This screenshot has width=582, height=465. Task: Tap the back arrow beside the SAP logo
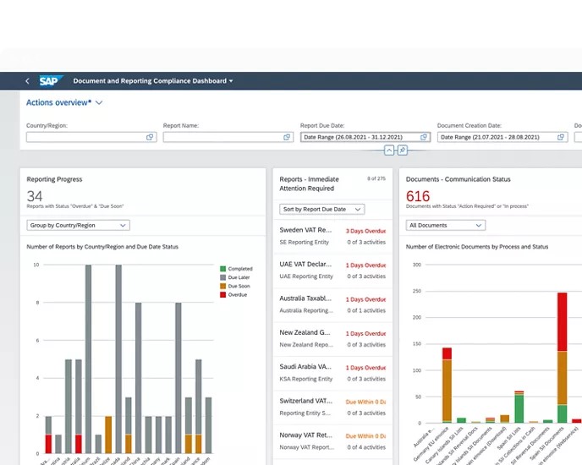tap(27, 81)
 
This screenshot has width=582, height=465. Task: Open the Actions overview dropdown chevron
tap(99, 102)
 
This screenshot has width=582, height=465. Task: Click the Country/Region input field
tap(91, 137)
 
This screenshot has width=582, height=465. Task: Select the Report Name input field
tap(228, 137)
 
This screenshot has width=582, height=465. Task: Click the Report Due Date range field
tap(365, 137)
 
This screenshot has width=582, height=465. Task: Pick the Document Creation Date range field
tap(502, 137)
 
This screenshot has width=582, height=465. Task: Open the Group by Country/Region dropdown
tap(78, 226)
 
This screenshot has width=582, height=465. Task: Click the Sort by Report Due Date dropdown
tap(321, 209)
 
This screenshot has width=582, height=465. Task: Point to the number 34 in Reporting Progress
tap(35, 196)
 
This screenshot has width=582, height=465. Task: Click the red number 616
tap(418, 196)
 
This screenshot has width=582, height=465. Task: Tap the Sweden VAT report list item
tap(332, 236)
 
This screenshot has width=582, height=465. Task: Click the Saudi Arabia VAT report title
tap(305, 367)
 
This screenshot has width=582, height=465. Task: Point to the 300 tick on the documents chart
tap(417, 265)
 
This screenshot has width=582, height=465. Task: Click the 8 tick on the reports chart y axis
tap(36, 303)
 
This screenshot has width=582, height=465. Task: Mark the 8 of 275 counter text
tap(376, 179)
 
